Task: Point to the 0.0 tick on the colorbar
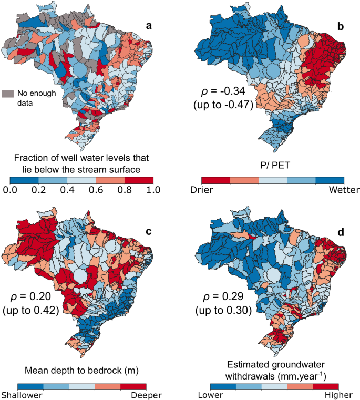10,190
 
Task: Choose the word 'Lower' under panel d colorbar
209,394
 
